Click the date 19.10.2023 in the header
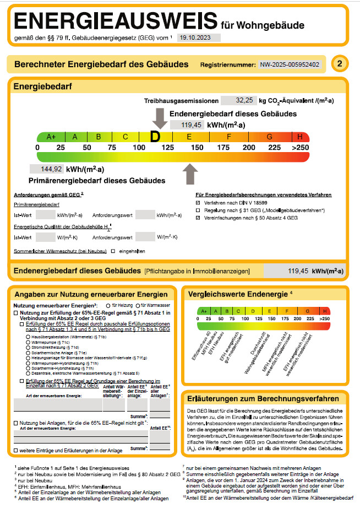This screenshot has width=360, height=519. [x=190, y=38]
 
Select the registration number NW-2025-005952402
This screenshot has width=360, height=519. [x=290, y=64]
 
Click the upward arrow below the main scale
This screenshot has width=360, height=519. [x=189, y=174]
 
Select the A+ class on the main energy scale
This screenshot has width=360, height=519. [x=51, y=137]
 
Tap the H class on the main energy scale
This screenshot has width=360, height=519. [x=300, y=137]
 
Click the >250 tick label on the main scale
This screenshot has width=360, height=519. [x=300, y=148]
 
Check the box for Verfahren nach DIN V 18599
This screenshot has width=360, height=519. [x=198, y=202]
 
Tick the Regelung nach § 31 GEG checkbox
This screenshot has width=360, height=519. [x=198, y=210]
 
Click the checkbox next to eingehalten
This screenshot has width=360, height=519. [x=113, y=251]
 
